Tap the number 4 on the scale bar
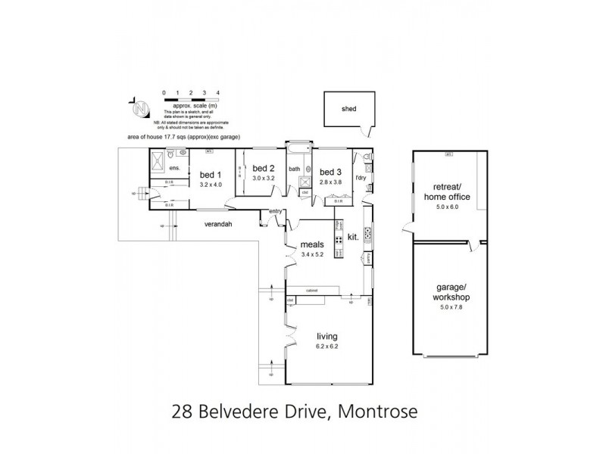(218, 92)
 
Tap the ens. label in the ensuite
(173, 167)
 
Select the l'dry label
(361, 177)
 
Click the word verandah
(218, 224)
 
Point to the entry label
(274, 211)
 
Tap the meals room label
(312, 244)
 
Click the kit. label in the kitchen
(352, 237)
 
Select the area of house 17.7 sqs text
(183, 138)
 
